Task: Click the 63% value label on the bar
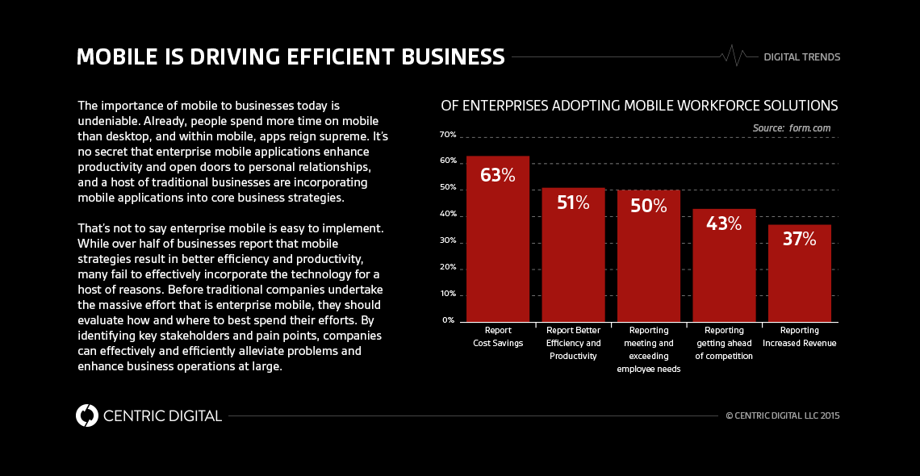pos(497,175)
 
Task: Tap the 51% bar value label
pos(573,203)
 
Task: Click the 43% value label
pos(724,223)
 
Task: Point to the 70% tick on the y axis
pos(448,135)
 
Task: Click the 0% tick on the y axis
pos(448,320)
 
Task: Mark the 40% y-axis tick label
pos(448,215)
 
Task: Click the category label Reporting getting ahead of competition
pos(724,343)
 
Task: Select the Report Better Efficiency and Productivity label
pos(573,343)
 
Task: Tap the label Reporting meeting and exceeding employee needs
pos(649,349)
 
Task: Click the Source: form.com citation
pos(791,128)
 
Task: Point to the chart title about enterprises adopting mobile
pos(638,106)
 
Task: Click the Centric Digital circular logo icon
pos(86,415)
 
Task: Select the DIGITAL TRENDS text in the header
pos(801,57)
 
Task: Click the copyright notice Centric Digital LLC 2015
pos(782,416)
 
